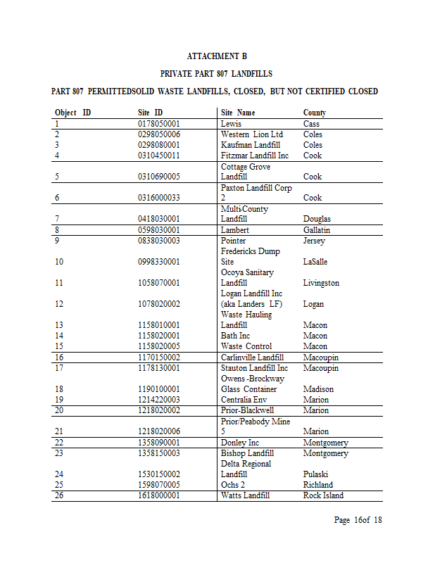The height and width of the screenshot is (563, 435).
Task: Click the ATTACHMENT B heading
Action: point(217,56)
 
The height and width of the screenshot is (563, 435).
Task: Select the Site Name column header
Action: point(238,113)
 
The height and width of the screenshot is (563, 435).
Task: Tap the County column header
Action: point(315,113)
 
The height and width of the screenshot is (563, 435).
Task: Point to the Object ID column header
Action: point(72,113)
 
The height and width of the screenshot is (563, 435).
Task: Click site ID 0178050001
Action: point(159,124)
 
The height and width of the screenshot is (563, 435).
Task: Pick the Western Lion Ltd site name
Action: point(251,134)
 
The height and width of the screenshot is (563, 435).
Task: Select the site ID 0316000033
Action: point(159,198)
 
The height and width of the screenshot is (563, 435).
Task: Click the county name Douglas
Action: point(317,219)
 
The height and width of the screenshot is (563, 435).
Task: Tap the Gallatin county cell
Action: point(317,230)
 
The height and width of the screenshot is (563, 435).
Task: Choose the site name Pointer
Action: point(234,241)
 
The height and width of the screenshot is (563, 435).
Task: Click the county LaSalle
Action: point(316,262)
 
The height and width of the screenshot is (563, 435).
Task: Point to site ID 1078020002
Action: point(159,304)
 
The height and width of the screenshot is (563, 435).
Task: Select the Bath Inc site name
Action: point(235,336)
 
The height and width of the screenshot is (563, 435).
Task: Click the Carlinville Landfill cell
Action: point(252,358)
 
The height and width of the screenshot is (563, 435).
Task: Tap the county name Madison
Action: point(318,389)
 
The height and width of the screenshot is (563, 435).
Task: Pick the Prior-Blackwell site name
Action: point(248,410)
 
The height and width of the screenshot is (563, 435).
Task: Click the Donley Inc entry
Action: point(240,443)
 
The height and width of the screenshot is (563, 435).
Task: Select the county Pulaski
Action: point(316,474)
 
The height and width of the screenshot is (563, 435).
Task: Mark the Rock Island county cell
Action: point(323,495)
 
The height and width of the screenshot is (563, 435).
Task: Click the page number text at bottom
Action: point(358,521)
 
